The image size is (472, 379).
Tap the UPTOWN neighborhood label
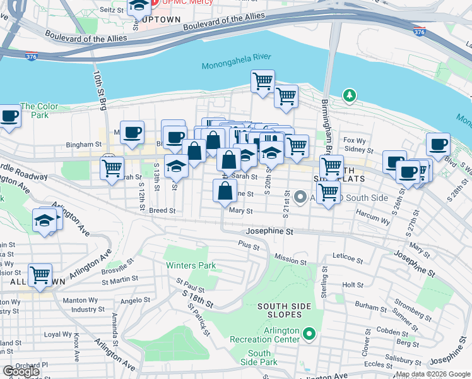(x=158, y=25)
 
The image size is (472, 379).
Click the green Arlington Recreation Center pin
(x=309, y=333)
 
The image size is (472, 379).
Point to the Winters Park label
(x=191, y=266)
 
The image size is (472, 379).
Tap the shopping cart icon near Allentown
(x=40, y=274)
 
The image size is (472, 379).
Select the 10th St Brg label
(x=99, y=90)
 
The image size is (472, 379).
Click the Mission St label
(x=290, y=258)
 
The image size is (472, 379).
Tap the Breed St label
(x=162, y=210)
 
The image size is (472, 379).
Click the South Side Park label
(x=259, y=358)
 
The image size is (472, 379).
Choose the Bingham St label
(x=85, y=145)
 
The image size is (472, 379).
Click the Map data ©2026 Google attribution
(x=433, y=374)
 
